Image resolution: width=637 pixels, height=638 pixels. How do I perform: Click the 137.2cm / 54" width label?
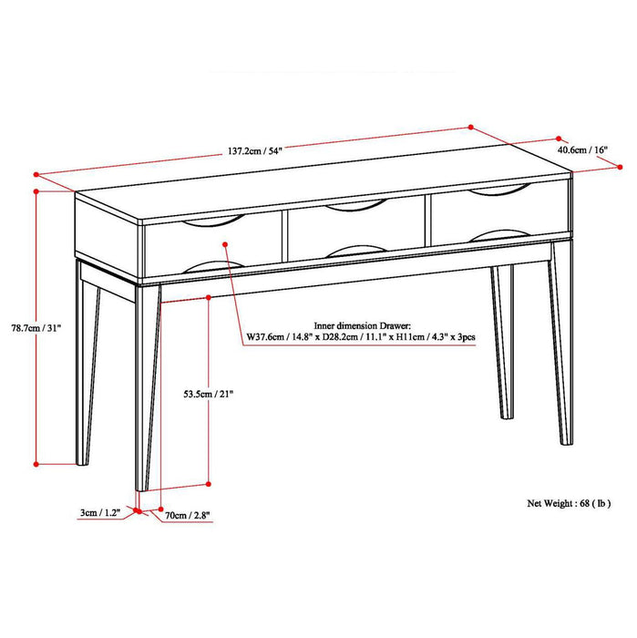tap(250, 151)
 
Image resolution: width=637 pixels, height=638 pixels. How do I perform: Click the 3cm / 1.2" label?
tap(98, 514)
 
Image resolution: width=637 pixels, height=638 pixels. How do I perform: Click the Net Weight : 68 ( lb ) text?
tap(569, 502)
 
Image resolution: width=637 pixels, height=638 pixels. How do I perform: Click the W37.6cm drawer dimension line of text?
tap(359, 337)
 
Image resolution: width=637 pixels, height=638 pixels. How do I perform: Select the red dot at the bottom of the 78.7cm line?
tap(36, 464)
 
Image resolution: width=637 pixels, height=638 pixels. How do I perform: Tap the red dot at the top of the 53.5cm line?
tap(211, 296)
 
